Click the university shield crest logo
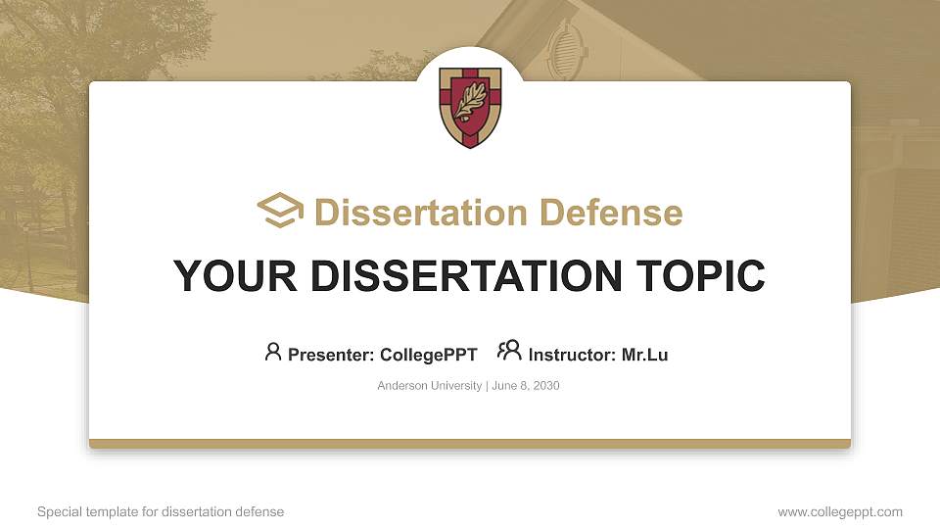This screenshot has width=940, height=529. point(470,106)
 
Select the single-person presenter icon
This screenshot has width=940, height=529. point(273,352)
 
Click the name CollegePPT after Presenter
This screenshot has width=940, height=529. point(429,355)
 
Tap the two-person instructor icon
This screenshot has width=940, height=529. point(509,352)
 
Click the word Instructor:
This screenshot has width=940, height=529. point(572,355)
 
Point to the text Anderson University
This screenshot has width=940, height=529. point(429,386)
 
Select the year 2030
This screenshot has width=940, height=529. point(545,386)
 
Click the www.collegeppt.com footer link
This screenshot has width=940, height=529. point(840,511)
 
